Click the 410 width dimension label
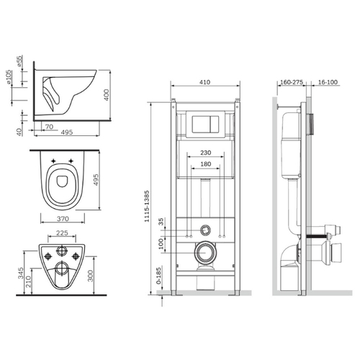coord(204,82)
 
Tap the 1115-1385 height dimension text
coord(147,206)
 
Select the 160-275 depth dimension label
coord(292,82)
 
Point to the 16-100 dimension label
coord(328,82)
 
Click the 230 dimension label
coord(206,153)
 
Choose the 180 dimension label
coord(206,164)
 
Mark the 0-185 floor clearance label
coord(158,276)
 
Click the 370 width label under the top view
coord(63,219)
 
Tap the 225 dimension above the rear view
coord(62,233)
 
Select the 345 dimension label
coord(21,273)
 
